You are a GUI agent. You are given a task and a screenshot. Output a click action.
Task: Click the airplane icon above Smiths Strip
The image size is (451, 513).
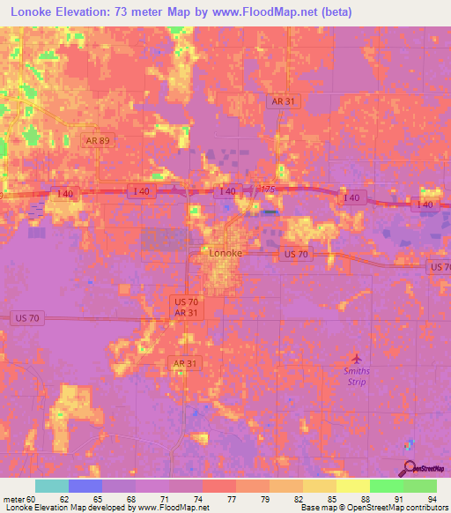357,359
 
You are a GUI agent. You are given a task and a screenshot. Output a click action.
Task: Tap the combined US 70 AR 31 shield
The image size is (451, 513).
185,307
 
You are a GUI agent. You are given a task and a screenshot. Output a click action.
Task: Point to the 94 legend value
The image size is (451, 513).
432,500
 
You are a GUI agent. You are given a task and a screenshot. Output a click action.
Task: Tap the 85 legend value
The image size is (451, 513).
331,500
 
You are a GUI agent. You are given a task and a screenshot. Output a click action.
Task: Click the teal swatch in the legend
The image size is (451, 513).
51,486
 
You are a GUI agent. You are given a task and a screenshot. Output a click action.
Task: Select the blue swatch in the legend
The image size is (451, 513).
85,486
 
